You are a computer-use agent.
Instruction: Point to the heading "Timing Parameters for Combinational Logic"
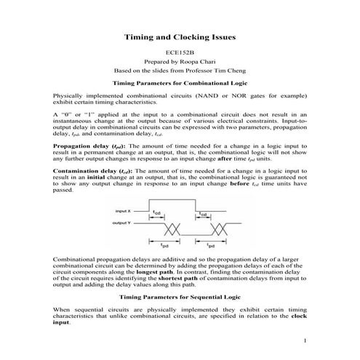tap(180, 84)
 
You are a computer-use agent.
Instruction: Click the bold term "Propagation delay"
tap(82, 145)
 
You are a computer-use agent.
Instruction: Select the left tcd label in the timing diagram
tap(157, 213)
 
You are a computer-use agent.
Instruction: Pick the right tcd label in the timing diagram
tap(204, 215)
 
